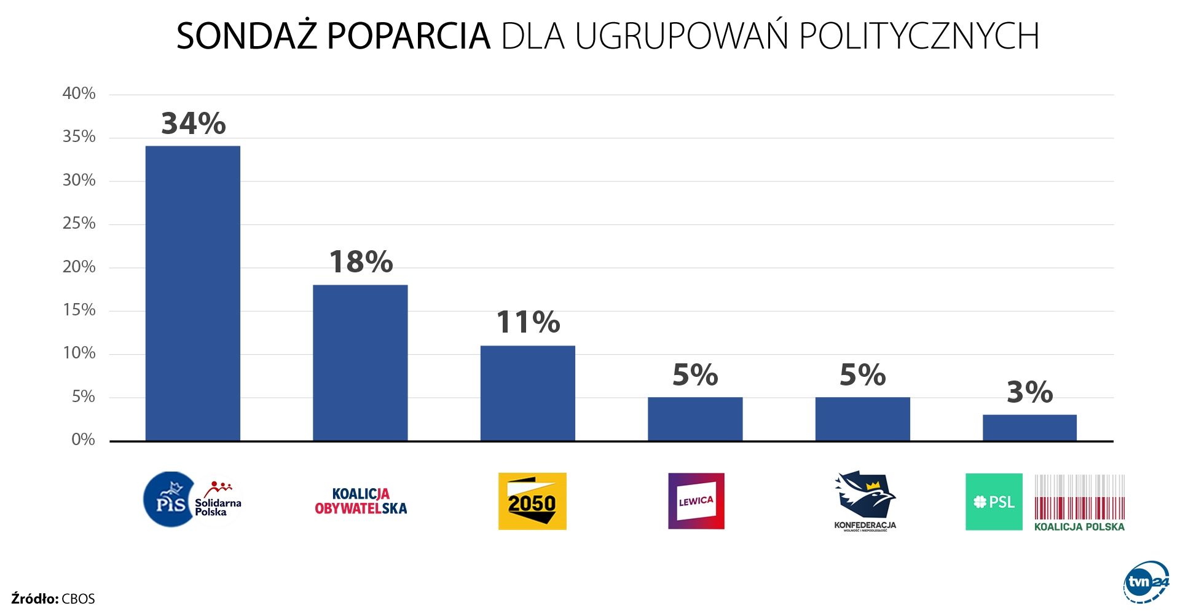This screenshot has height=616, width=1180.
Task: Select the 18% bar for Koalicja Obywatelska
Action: tap(360, 363)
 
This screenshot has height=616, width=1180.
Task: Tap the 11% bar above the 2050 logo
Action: tap(527, 393)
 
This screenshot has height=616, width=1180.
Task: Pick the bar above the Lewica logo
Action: tap(695, 419)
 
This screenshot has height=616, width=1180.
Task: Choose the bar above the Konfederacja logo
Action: tap(862, 419)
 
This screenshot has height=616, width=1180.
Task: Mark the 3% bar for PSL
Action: tap(1029, 427)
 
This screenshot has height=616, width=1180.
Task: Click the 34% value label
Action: tap(194, 124)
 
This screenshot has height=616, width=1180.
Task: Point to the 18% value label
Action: tap(361, 263)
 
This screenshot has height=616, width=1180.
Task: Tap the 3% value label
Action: tap(1030, 392)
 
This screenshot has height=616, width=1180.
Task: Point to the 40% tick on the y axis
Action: tap(79, 93)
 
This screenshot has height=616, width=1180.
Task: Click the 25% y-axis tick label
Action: tap(79, 223)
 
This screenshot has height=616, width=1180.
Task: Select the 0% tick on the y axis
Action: tap(83, 440)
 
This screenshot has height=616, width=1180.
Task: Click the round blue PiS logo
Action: tap(170, 500)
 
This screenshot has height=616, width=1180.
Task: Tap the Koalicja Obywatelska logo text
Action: tap(361, 501)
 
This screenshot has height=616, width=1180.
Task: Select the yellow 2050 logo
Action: tap(532, 501)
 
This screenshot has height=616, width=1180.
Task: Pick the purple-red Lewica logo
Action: tap(696, 501)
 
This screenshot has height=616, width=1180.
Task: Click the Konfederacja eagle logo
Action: tap(865, 497)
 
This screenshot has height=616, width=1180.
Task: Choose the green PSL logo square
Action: tap(994, 502)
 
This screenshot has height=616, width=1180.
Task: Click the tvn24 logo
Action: tap(1146, 582)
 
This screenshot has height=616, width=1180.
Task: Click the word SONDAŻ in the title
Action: tap(246, 36)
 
